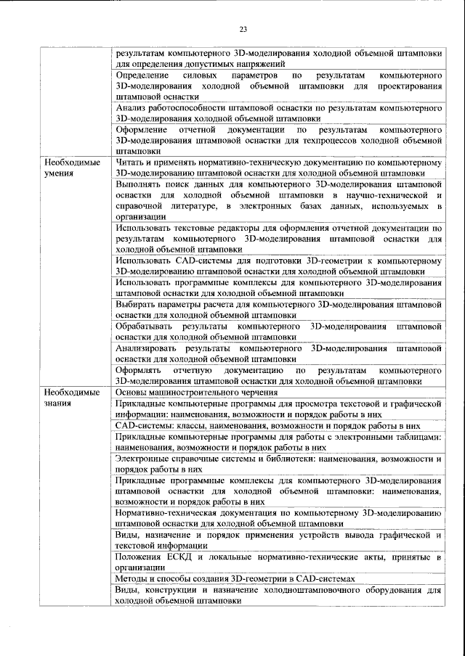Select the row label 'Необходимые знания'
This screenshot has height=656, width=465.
(x=70, y=398)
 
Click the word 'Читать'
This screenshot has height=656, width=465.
(x=132, y=163)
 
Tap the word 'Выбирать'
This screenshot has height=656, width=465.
(x=137, y=305)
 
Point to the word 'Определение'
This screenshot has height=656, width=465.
(x=143, y=75)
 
